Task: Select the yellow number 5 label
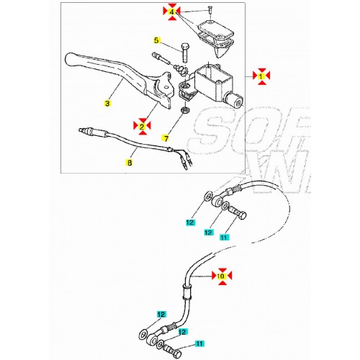[x=155, y=40]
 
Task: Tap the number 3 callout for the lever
[x=107, y=104]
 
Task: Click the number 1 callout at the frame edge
[x=263, y=75]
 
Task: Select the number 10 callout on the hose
[x=222, y=276]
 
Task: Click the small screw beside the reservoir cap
[x=210, y=9]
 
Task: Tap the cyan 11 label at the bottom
[x=199, y=345]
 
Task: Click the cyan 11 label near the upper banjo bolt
[x=224, y=238]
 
